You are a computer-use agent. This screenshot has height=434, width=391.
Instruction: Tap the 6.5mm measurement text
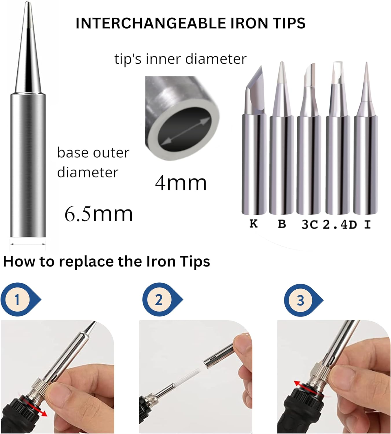98,214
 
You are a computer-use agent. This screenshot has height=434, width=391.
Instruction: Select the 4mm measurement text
181,183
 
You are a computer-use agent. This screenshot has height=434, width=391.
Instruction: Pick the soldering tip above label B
281,138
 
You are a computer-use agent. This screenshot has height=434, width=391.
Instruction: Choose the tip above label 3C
309,139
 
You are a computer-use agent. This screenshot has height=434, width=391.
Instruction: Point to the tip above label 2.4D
338,138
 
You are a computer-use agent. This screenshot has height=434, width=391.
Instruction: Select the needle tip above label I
366,138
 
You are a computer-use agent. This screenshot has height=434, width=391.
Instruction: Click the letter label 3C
310,225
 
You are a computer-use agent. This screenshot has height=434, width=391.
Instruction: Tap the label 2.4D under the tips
339,225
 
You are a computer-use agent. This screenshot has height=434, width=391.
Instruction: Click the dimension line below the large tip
28,244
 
